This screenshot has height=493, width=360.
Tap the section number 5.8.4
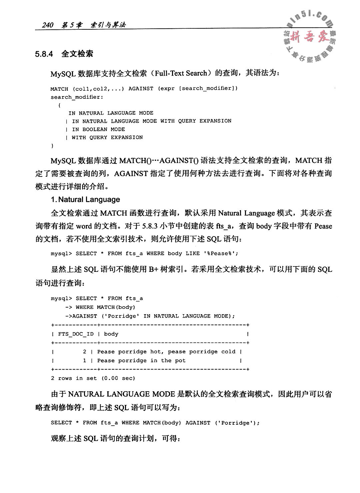44,54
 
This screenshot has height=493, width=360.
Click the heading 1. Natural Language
85,200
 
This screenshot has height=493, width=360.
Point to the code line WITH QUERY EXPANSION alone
107,137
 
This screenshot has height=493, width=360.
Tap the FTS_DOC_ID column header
76,334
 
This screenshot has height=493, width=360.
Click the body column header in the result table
111,334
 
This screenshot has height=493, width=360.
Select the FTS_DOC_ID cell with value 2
85,352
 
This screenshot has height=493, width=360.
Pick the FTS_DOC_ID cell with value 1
85,361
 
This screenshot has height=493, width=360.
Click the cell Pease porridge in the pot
141,361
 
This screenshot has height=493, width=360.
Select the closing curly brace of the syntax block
52,146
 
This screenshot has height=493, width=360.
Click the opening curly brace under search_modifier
59,105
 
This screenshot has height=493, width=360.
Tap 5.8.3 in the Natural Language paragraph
150,226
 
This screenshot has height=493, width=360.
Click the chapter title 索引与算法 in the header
108,25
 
